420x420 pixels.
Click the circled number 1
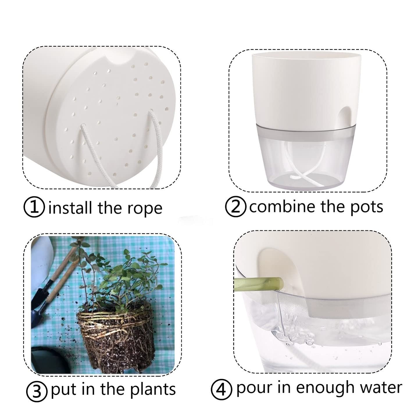pyautogui.click(x=34, y=208)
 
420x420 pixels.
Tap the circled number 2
pyautogui.click(x=236, y=206)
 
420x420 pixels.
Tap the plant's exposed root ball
pyautogui.click(x=116, y=337)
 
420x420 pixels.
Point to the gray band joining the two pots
pyautogui.click(x=308, y=134)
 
